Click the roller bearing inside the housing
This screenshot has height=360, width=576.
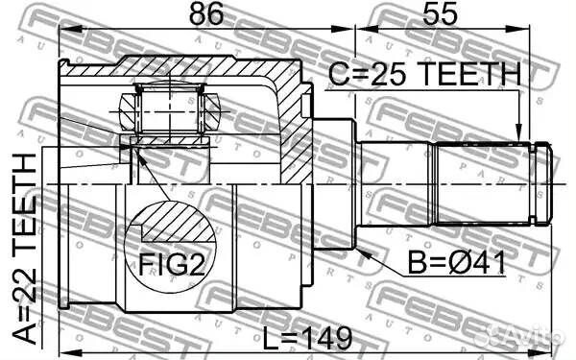pos(169,111)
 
